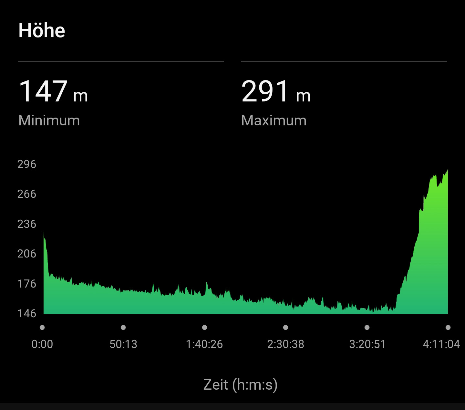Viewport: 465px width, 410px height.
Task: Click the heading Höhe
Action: click(x=42, y=30)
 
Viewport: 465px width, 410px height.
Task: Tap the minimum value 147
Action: click(x=43, y=91)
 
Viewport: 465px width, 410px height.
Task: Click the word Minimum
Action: click(x=49, y=121)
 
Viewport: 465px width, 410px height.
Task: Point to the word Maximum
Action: click(x=274, y=121)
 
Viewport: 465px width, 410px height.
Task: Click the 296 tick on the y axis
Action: click(x=27, y=164)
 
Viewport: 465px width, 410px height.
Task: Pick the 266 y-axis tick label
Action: click(x=27, y=194)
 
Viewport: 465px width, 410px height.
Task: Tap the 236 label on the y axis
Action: click(x=27, y=224)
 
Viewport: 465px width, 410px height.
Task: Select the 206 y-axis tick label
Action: click(x=27, y=254)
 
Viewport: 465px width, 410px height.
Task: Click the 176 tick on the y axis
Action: click(x=27, y=284)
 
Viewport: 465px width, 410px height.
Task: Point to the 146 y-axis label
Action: click(x=27, y=313)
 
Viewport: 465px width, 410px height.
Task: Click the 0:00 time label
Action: click(x=42, y=344)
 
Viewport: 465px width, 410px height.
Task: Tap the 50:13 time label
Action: click(x=123, y=344)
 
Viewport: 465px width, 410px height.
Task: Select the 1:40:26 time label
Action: click(x=204, y=344)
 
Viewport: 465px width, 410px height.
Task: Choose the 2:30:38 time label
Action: click(x=286, y=344)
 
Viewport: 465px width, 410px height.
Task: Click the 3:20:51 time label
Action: click(x=367, y=344)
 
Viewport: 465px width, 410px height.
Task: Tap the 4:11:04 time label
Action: click(x=441, y=344)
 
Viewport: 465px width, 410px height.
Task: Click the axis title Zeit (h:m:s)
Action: click(x=241, y=384)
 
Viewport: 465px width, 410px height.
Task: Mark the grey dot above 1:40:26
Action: click(x=204, y=328)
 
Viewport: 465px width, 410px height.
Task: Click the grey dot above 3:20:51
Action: click(x=367, y=328)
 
